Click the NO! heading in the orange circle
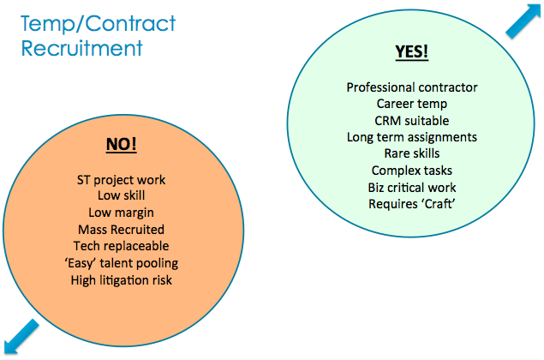tap(121, 143)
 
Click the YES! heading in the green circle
tap(411, 51)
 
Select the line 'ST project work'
tap(121, 181)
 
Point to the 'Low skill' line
tap(121, 196)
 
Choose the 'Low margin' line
tap(121, 213)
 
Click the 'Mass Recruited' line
tap(121, 230)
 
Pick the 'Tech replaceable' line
tap(121, 246)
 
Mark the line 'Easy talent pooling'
tap(121, 262)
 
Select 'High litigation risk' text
tap(121, 279)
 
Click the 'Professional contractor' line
tap(412, 87)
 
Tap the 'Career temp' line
tap(412, 104)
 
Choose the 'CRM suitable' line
tap(412, 120)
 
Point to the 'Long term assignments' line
tap(412, 137)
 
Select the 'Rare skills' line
tap(412, 153)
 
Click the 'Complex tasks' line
tap(412, 171)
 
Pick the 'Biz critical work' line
tap(412, 187)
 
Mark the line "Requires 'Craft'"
tap(412, 204)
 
